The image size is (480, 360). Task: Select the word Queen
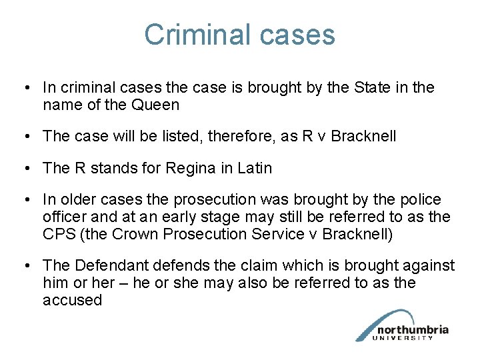click(156, 105)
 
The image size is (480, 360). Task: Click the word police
click(419, 199)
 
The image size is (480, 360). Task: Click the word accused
click(72, 300)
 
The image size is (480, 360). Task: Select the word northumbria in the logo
click(412, 330)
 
